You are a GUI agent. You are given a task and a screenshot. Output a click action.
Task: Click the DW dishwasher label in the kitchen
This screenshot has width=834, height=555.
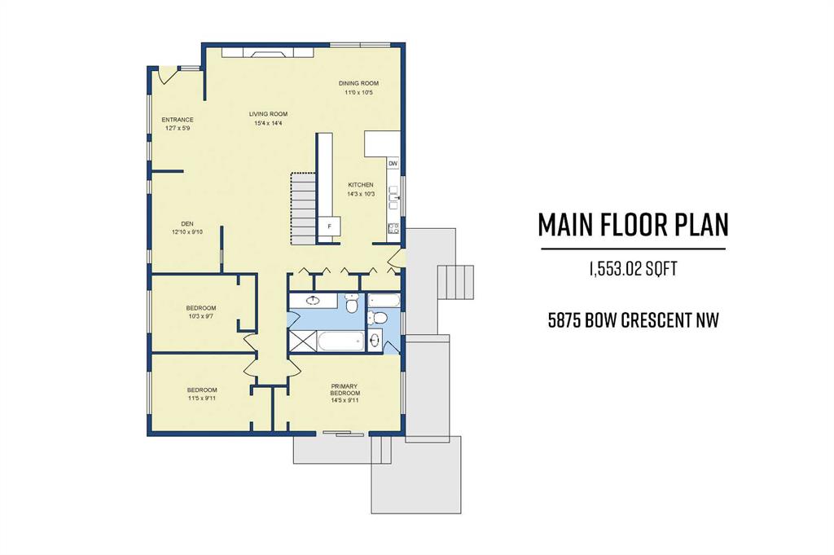[x=393, y=163]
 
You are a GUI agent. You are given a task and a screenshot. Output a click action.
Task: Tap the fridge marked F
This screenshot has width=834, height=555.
[x=330, y=226]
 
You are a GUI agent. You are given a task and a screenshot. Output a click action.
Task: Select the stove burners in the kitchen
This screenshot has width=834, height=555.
[x=393, y=228]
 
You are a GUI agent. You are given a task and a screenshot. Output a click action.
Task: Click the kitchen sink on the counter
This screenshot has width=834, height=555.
[x=394, y=194]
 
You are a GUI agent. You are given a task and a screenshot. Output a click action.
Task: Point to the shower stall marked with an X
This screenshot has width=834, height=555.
[x=303, y=341]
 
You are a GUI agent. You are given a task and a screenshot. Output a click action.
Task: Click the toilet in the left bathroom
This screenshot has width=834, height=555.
[x=352, y=304]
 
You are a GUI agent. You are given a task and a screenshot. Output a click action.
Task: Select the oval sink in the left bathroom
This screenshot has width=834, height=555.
[x=314, y=300]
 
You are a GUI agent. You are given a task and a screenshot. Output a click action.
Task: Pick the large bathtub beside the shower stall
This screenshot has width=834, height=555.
[x=341, y=341]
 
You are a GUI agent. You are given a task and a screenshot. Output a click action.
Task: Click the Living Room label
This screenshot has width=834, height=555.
[x=268, y=114]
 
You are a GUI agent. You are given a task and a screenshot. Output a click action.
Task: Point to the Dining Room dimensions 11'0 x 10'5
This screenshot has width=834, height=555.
[x=358, y=93]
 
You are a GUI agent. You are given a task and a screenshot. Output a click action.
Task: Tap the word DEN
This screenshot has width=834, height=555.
[x=187, y=223]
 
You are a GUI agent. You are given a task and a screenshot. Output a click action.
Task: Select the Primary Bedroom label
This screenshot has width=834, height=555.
[x=345, y=390]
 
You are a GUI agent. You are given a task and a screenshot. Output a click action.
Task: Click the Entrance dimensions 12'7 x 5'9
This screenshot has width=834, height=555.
[x=176, y=128]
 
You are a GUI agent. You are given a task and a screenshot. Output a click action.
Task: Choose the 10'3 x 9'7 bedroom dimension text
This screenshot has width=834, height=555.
[x=201, y=316]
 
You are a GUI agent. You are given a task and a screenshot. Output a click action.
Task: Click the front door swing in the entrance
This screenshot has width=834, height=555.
[x=165, y=76]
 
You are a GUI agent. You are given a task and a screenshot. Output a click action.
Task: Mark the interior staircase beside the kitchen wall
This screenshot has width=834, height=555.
[x=304, y=208]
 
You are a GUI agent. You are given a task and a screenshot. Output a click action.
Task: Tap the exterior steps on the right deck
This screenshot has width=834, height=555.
[x=455, y=284]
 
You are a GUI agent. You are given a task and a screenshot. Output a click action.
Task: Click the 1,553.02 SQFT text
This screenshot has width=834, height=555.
[x=633, y=269]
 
